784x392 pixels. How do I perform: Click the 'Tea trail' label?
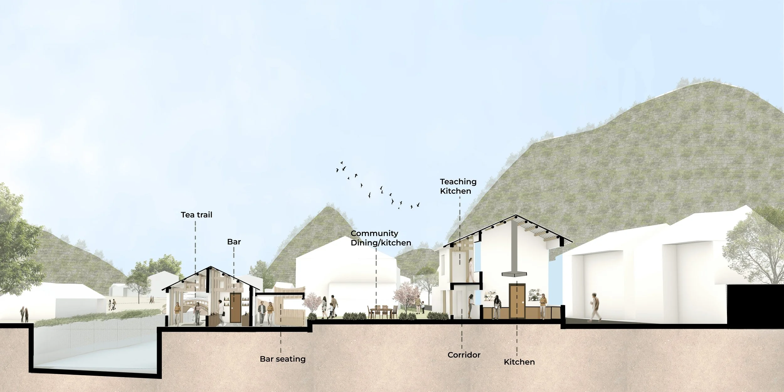tap(197, 215)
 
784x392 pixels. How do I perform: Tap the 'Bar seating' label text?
tap(283, 359)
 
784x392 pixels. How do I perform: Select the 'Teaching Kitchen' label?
tap(458, 186)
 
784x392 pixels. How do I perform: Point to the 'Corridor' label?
tap(464, 355)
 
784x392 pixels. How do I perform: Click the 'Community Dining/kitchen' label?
tap(380, 238)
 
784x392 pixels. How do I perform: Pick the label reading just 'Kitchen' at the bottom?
tap(519, 362)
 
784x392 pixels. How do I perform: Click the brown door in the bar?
tap(235, 308)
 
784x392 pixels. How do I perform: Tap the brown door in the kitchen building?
tap(517, 300)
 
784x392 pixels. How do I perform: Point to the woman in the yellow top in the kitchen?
tap(543, 306)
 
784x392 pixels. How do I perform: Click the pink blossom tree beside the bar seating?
tap(312, 306)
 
